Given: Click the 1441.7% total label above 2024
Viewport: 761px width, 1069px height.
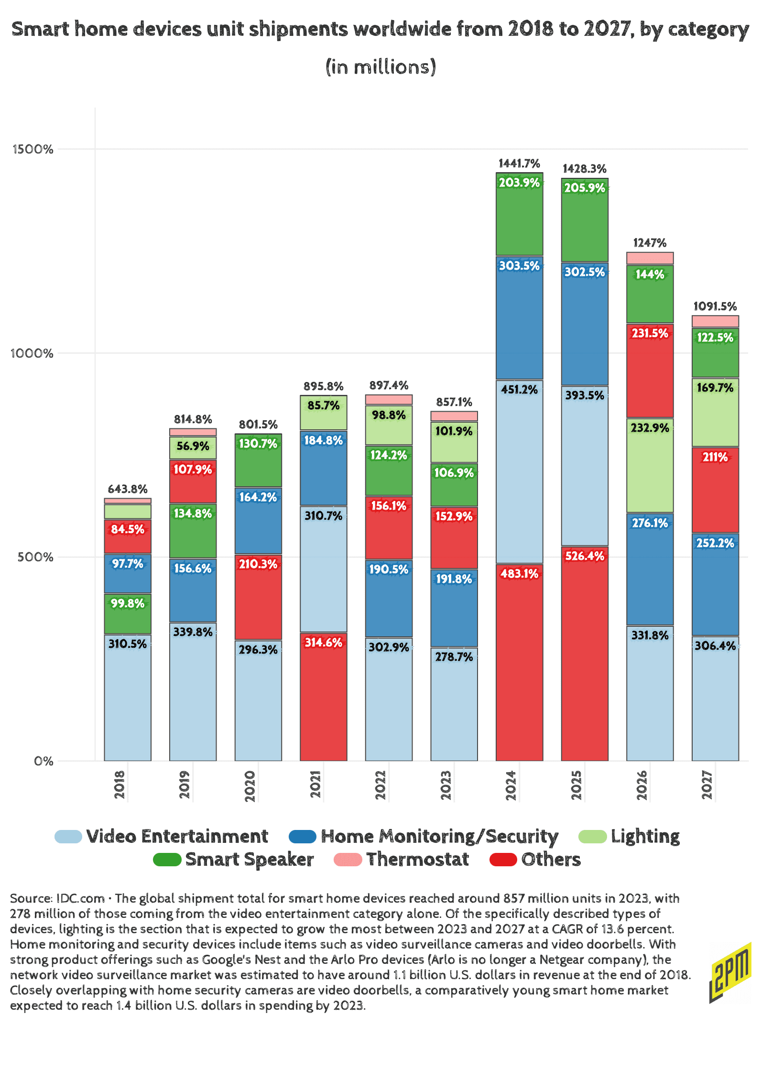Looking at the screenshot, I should point(519,164).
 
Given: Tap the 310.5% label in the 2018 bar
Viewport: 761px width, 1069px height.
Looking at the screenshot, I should point(128,644).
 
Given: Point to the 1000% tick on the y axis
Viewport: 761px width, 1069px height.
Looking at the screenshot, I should point(32,353).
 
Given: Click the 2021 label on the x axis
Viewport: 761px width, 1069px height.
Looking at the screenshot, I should point(315,784).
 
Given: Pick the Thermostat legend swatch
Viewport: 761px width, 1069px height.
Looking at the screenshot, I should point(348,860).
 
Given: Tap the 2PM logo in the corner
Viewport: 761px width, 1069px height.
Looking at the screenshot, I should point(730,973).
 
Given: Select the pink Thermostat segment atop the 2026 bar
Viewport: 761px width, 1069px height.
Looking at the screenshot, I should point(650,258).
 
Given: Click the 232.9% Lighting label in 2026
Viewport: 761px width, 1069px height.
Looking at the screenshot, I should point(650,428).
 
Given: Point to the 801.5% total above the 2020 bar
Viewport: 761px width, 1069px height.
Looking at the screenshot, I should point(258,425).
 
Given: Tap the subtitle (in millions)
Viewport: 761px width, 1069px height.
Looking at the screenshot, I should point(380,67).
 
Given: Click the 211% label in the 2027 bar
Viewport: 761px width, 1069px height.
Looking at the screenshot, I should point(715,457).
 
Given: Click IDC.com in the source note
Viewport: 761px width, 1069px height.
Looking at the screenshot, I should point(80,899).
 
